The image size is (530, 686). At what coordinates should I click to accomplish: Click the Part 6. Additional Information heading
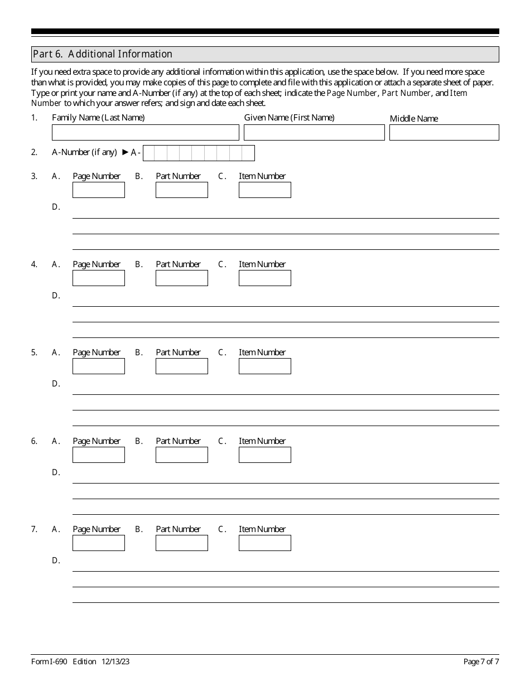(103, 54)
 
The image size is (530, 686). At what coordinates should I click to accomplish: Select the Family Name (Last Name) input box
(145, 132)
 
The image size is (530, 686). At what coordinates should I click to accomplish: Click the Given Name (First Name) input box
(314, 132)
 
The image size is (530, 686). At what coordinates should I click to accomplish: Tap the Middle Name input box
(444, 132)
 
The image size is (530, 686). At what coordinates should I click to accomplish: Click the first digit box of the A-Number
(149, 153)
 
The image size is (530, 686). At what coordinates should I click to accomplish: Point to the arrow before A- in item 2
(125, 152)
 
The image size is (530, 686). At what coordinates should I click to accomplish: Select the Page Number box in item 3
(99, 190)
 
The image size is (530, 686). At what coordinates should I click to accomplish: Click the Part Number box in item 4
(181, 278)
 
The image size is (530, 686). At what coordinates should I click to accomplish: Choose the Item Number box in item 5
(264, 366)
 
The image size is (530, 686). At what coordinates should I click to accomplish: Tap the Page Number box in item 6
(99, 455)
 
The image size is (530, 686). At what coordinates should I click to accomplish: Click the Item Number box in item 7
(264, 543)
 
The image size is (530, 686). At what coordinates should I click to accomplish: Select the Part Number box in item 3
(181, 190)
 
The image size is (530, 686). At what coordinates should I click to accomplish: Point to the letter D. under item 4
(56, 296)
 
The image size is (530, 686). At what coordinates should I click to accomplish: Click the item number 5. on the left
(34, 352)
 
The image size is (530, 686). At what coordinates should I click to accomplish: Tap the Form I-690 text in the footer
(49, 662)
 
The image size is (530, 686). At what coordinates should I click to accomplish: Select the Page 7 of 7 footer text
(481, 662)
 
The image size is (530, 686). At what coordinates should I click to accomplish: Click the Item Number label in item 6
(262, 441)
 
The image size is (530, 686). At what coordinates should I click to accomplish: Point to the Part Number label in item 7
(178, 529)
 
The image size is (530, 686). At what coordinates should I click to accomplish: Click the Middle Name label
(414, 119)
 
